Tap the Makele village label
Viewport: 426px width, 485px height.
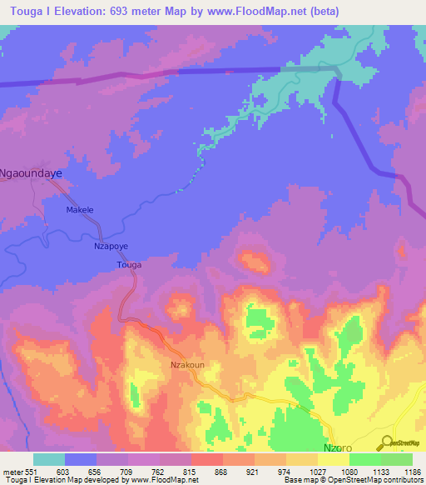(x=80, y=210)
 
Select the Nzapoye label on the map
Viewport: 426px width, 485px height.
(x=110, y=247)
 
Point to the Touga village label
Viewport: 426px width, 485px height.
(x=129, y=265)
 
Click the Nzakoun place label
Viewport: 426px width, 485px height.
(x=187, y=365)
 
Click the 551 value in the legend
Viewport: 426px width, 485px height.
(x=32, y=471)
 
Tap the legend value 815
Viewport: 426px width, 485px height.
(x=191, y=471)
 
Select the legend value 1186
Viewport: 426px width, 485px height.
(x=411, y=471)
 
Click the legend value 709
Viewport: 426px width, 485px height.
(x=128, y=471)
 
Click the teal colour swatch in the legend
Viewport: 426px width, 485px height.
(x=49, y=459)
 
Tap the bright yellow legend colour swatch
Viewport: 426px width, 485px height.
(x=333, y=459)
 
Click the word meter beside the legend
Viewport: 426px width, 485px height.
(x=13, y=471)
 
